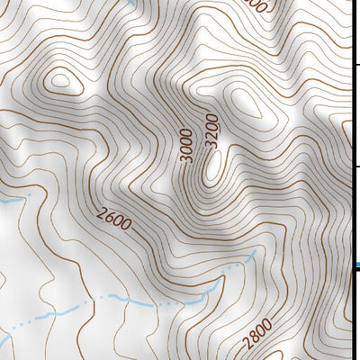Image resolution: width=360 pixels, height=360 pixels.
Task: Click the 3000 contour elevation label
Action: point(186,145)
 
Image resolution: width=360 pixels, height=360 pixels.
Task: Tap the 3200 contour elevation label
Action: point(211,130)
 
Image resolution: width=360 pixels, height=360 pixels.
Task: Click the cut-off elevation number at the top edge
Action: point(256,4)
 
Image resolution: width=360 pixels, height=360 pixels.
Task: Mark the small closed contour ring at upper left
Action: point(60,81)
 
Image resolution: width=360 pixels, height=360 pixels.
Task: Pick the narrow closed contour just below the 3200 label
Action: point(212,167)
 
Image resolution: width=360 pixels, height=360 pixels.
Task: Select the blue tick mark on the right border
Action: point(356,265)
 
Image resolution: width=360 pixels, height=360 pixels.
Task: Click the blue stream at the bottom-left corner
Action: point(7,337)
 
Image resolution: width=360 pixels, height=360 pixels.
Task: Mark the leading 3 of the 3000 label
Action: point(186,158)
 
